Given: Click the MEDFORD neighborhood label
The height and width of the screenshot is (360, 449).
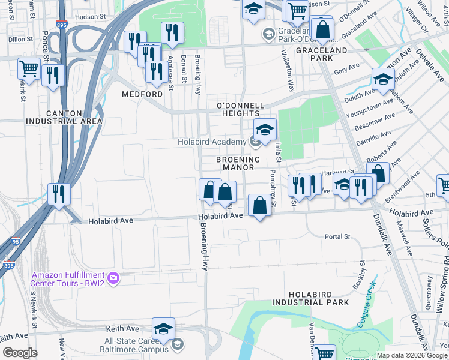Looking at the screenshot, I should tap(142, 95).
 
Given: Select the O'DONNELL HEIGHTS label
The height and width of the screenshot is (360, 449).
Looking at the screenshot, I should tap(240, 106).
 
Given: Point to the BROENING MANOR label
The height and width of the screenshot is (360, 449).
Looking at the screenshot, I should tap(238, 164).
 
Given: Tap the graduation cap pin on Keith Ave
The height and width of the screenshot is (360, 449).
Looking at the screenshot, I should tap(163, 328).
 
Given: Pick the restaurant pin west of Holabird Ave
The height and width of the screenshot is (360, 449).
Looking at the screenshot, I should tap(59, 193).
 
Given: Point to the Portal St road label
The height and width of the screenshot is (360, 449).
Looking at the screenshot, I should tap(337, 237).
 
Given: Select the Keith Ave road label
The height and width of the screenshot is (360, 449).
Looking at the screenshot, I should tap(122, 329).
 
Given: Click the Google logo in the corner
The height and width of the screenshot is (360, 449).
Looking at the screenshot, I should tap(20, 353).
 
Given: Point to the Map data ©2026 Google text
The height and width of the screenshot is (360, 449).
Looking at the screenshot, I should tap(411, 355).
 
